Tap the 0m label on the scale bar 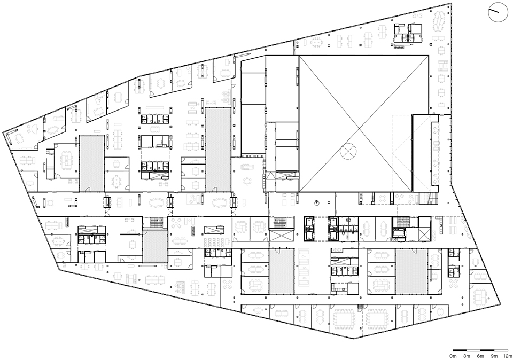pos(453,356)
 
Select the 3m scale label pos(467,356)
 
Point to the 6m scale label pos(480,356)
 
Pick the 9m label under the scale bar pos(494,356)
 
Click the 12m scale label pos(508,356)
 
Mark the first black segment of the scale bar pos(460,350)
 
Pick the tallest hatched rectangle pos(218,150)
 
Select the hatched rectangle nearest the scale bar pos(411,271)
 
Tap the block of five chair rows pos(215,242)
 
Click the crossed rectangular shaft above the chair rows pos(215,230)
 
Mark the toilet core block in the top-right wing pos(408,33)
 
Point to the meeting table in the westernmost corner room pos(19,138)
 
